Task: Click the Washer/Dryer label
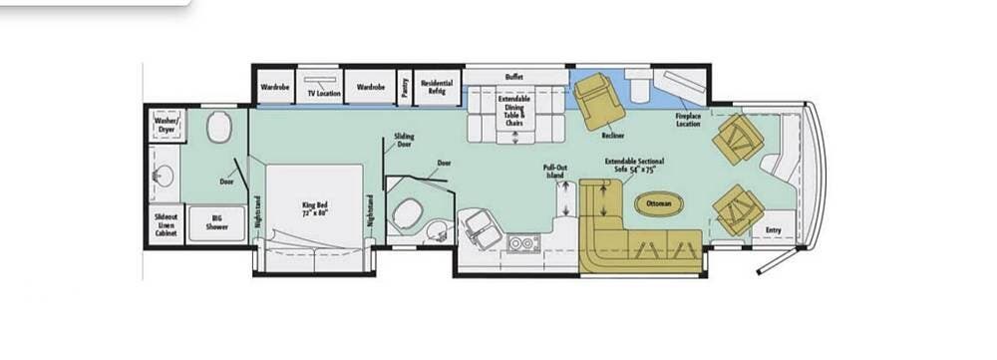click(166, 125)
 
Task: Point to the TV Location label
click(323, 92)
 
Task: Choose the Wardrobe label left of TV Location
click(275, 87)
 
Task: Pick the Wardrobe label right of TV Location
click(371, 87)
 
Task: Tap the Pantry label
click(405, 88)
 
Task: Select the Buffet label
click(514, 76)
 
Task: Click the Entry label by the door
click(775, 230)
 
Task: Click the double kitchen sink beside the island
click(522, 242)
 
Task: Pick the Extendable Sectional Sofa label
click(634, 165)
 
